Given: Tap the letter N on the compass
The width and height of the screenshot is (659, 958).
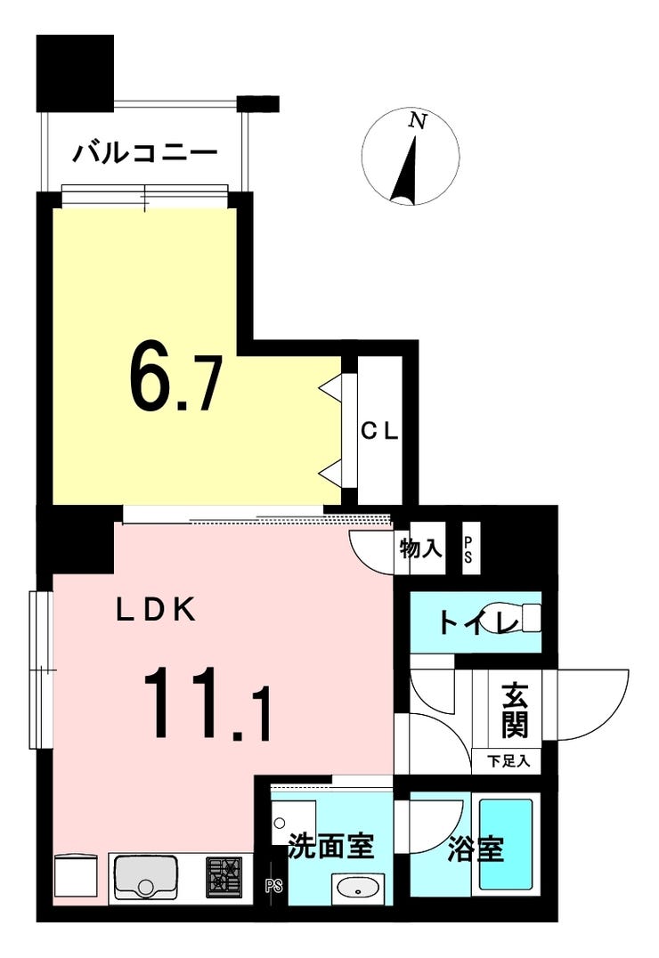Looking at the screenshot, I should (416, 121).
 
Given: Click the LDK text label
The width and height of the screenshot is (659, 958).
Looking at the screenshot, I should (157, 610).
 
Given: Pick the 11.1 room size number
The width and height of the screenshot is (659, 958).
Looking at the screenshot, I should (206, 709).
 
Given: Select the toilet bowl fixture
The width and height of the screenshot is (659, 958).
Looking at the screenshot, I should (528, 617).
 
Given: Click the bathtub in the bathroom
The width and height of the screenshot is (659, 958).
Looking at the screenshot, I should (506, 843).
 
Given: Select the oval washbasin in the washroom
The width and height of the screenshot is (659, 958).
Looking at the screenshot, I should (358, 888).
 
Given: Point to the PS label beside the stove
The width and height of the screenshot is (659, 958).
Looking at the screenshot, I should (272, 886).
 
